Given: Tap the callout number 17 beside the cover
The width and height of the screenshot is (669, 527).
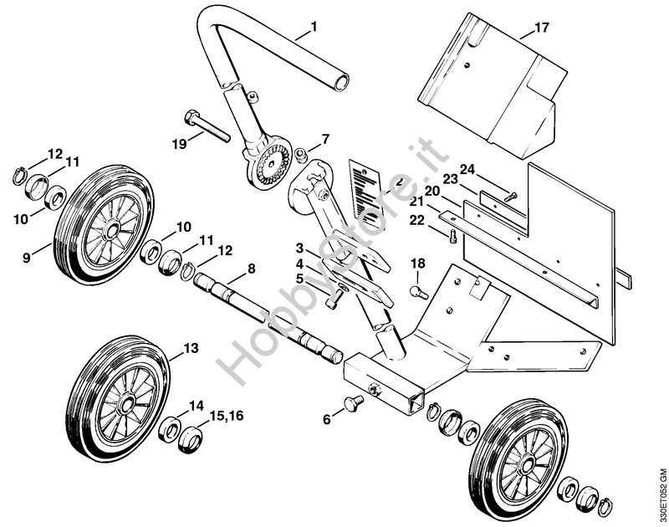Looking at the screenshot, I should (541, 28).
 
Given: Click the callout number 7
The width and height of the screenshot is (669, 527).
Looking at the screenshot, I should (325, 138).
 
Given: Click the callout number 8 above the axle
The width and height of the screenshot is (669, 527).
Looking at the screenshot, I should (250, 269).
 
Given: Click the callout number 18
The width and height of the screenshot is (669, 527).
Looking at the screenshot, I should (417, 263).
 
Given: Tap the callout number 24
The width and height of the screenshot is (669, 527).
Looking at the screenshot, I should (467, 169).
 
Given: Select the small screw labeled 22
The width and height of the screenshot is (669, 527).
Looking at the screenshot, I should (452, 237).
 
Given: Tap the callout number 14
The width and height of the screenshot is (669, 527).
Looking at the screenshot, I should (196, 406).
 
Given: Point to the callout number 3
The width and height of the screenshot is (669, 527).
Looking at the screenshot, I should (299, 248).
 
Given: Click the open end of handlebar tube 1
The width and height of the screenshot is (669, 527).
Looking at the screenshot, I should (340, 82).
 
